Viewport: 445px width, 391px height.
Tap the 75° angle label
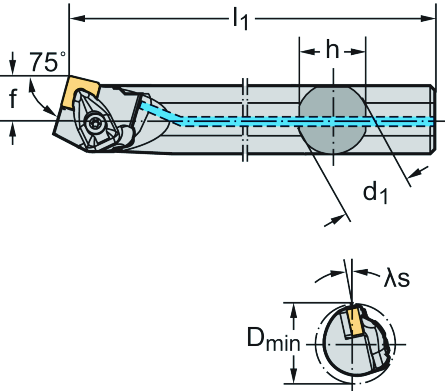tap(48, 61)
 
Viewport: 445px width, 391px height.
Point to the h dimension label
tap(332, 51)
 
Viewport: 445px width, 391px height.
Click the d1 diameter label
tap(375, 192)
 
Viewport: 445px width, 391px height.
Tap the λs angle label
tap(396, 279)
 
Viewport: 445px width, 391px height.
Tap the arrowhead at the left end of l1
tap(76, 19)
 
